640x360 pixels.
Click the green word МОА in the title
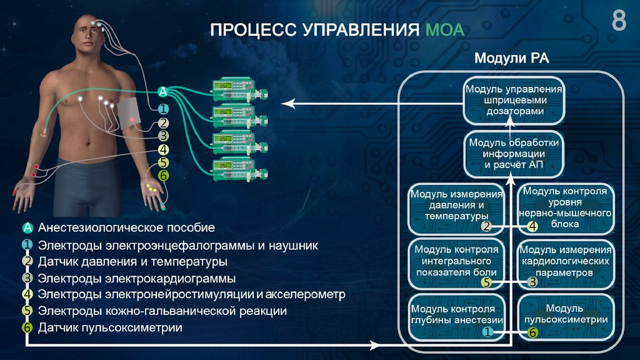444,30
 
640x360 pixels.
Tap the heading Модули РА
511,59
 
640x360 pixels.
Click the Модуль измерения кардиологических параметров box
565,263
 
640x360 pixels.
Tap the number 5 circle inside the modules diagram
487,282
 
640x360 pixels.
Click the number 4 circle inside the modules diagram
532,226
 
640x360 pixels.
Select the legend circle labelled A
27,228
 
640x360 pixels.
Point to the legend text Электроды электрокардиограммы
136,277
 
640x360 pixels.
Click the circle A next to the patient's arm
163,92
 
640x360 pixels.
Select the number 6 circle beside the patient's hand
163,176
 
